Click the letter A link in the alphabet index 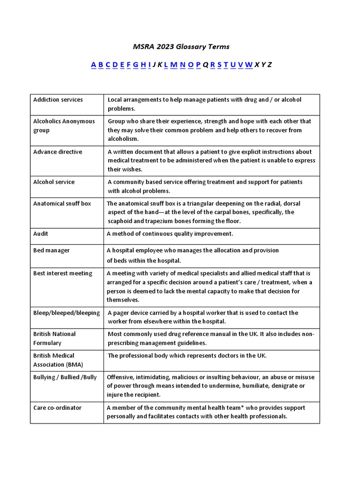[94, 65]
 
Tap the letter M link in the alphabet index [173, 65]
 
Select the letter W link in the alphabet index [249, 65]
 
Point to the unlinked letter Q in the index [206, 65]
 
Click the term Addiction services [58, 100]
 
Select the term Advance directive [57, 152]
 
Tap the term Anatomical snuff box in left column [62, 203]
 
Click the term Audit [41, 233]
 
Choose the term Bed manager [51, 250]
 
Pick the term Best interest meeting [62, 273]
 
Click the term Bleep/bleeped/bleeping [66, 312]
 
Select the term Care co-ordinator [57, 407]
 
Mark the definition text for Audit [170, 233]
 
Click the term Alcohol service [54, 182]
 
